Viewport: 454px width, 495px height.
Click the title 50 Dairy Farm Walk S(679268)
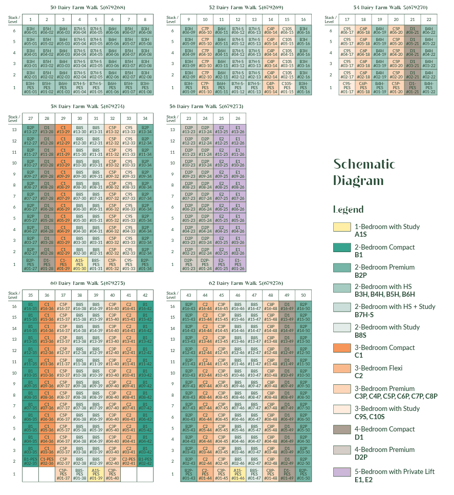point(88,8)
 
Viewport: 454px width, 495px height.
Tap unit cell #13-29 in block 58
point(63,131)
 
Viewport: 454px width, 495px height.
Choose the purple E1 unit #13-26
point(237,131)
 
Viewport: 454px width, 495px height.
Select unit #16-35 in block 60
point(30,307)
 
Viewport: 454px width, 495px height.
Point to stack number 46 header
point(238,295)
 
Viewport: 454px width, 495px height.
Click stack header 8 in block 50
point(145,19)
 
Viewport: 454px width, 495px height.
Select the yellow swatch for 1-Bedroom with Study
point(342,227)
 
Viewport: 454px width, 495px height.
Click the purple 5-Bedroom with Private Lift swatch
point(342,471)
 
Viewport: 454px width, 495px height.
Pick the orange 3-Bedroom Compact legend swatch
point(342,348)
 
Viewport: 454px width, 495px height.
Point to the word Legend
point(348,209)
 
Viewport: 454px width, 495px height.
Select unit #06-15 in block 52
point(287,31)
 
